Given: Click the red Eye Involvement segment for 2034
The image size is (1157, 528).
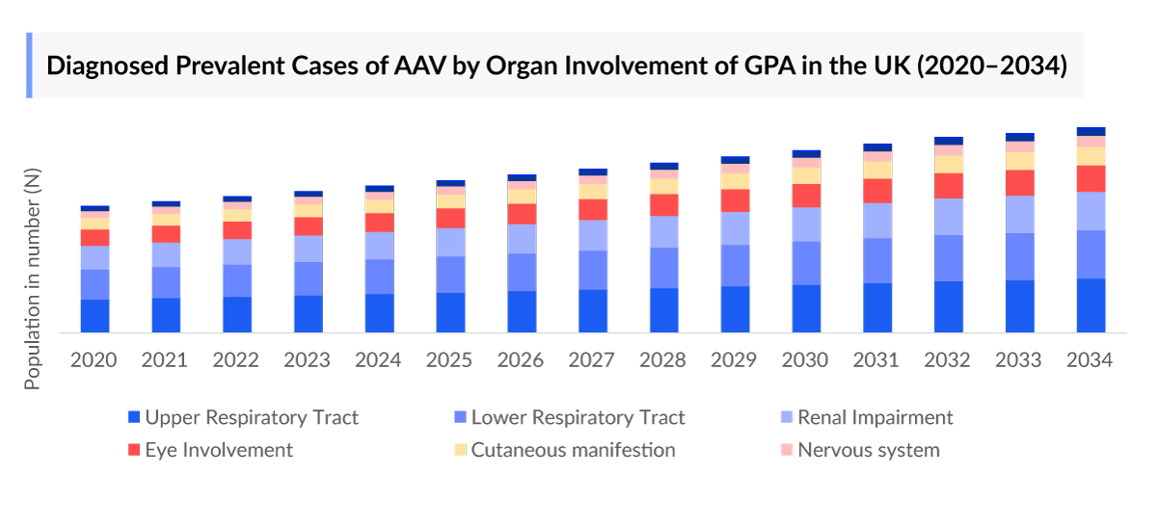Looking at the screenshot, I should (1090, 178).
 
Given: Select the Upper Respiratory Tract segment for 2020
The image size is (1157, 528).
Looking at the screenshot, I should (94, 316).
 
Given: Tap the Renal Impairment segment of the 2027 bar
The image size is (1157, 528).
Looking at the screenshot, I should (593, 235).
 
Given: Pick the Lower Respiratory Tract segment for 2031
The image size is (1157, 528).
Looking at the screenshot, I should (877, 260).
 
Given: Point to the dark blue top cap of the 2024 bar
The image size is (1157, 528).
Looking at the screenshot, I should (379, 189).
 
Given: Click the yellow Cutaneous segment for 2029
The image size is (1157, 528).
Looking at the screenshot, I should (735, 181).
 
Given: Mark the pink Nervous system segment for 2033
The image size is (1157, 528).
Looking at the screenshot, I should (1019, 146).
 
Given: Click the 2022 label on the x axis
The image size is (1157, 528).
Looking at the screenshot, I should (235, 360).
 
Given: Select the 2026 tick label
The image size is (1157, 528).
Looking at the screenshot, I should (521, 360).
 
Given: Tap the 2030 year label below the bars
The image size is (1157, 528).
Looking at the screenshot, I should (805, 360).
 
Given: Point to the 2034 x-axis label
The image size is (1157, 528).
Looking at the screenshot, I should (1090, 360).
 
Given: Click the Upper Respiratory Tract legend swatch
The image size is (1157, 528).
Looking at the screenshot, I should (134, 418).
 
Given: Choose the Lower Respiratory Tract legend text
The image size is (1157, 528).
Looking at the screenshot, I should (578, 418).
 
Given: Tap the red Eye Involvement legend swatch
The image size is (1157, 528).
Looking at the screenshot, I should (134, 450).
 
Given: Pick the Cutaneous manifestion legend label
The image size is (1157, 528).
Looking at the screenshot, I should (573, 450).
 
